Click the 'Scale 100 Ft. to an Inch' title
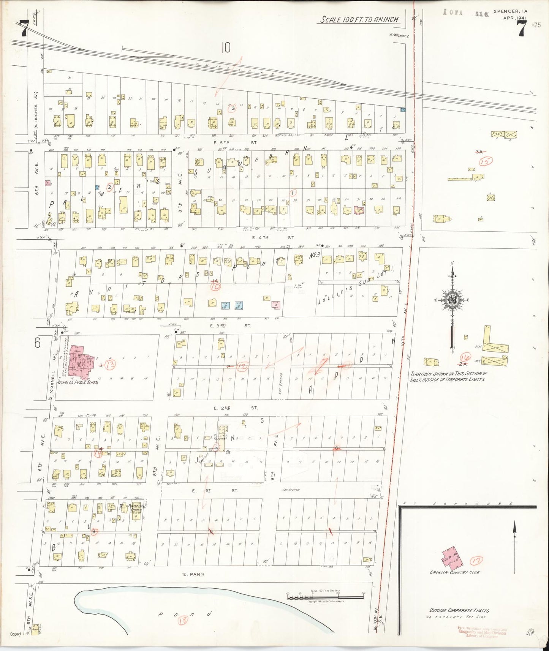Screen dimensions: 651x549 tap(359, 19)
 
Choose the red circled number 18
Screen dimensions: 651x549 tap(183, 620)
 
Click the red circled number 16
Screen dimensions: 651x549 tap(465, 357)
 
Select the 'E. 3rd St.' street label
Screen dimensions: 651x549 tap(236, 325)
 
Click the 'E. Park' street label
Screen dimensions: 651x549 tap(194, 574)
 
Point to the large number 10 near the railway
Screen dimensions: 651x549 tap(226, 48)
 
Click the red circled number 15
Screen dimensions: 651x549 tap(486, 161)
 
